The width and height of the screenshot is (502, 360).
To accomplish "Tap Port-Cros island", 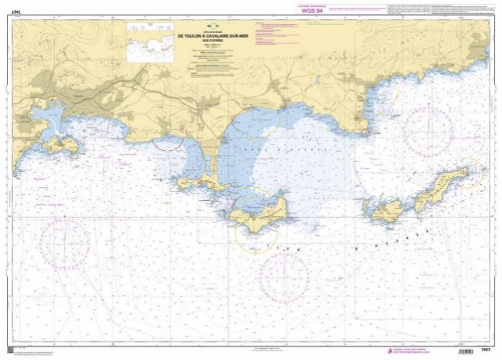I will [x=386, y=211].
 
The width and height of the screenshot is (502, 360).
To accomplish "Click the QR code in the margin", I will [x=10, y=350].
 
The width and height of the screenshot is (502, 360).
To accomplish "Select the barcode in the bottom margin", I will [x=463, y=351].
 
